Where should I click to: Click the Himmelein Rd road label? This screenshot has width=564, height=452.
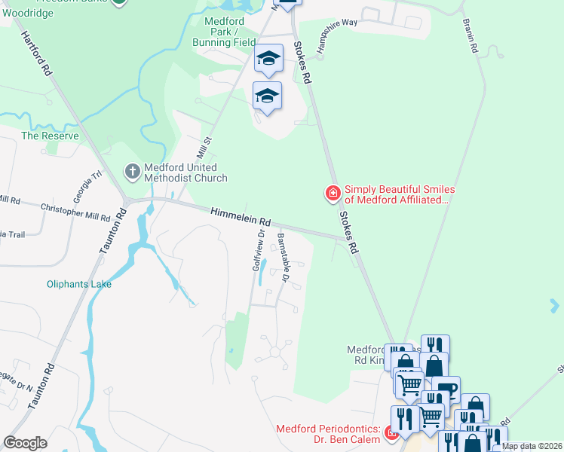(x=241, y=218)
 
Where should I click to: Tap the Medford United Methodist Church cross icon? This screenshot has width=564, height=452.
(x=133, y=172)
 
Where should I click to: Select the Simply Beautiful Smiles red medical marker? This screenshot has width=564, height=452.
(x=332, y=194)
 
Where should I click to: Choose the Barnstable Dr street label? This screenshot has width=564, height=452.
(x=284, y=257)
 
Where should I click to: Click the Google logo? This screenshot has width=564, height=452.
(x=26, y=443)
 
